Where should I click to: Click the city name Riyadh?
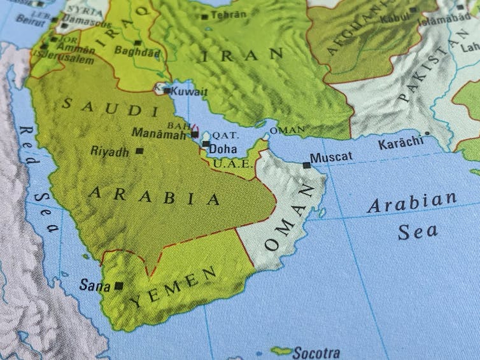109,151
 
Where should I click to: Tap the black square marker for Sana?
118,286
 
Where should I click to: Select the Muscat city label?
330,157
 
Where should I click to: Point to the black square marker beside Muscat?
307,165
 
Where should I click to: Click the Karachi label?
400,143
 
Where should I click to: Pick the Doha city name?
223,149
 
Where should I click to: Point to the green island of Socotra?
281,350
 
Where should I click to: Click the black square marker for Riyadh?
139,151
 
